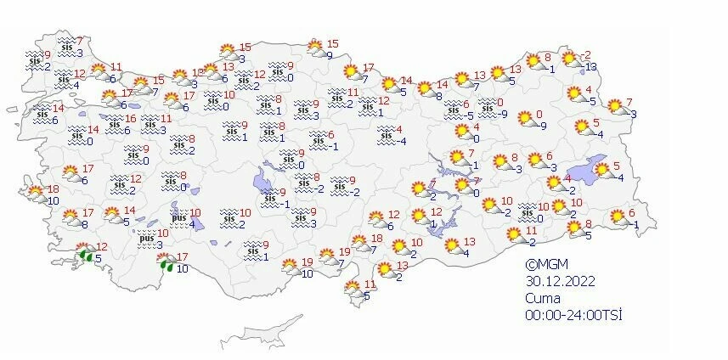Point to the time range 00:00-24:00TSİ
pyautogui.click(x=573, y=315)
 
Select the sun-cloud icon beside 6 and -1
pyautogui.click(x=613, y=218)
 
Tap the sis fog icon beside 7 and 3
pyautogui.click(x=66, y=47)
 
